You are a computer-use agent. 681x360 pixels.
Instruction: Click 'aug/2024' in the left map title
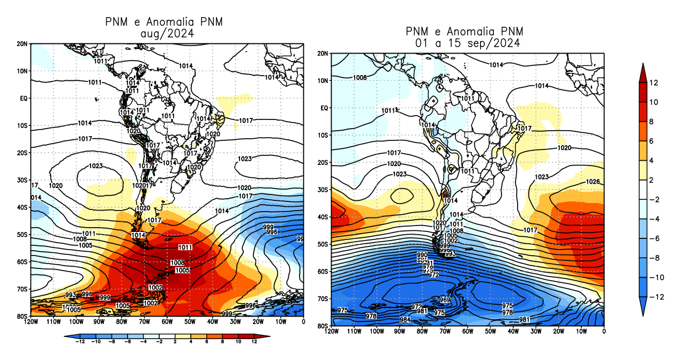coord(167,33)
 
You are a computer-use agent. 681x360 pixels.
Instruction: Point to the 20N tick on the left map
coord(23,43)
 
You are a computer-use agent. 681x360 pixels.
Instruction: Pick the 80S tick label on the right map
coord(321,326)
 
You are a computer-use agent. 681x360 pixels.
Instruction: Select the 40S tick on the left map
coord(23,207)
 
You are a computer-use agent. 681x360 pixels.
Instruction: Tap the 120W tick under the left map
coord(31,322)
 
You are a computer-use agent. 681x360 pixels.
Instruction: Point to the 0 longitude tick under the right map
coord(604,332)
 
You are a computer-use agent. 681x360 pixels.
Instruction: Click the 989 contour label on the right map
coord(445,299)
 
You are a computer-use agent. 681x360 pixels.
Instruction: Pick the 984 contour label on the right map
coord(405,320)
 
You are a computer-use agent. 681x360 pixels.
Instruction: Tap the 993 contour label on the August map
coord(71,295)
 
